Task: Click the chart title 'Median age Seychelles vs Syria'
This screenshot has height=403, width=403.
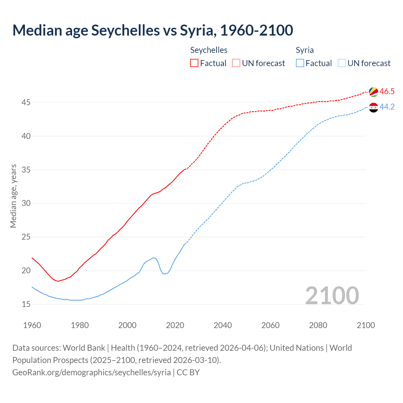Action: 153,30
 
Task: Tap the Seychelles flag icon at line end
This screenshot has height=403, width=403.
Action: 373,92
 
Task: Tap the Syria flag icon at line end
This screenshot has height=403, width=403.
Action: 373,107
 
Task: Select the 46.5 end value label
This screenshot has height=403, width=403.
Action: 387,92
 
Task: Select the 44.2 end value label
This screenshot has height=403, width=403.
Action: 387,107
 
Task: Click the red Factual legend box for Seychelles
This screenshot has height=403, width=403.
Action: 194,63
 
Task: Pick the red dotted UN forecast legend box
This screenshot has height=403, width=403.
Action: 236,63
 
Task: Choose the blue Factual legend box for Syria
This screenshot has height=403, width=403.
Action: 300,63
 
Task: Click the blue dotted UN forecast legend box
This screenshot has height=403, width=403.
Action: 342,63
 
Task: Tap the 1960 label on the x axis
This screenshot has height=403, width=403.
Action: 32,325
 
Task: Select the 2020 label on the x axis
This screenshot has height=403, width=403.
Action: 175,325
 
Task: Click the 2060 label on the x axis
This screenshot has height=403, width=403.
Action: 270,325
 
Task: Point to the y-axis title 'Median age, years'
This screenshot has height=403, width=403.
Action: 13,196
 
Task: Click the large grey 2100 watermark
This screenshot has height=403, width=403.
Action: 332,295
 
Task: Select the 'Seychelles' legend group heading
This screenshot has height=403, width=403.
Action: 209,50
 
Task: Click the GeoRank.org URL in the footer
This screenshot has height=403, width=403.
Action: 91,372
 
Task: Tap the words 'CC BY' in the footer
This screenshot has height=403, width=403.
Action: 188,372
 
